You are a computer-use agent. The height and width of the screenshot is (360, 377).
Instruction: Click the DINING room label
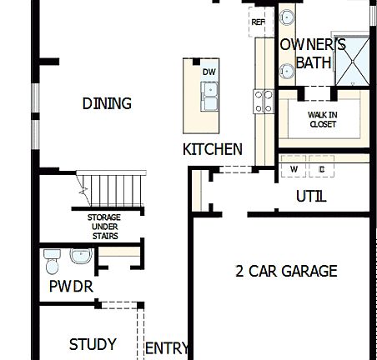click(x=107, y=104)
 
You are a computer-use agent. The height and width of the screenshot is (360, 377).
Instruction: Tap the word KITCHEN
click(x=213, y=150)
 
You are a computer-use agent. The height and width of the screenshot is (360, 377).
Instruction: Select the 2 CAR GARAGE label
click(x=286, y=271)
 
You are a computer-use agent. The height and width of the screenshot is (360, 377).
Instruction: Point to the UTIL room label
click(x=311, y=197)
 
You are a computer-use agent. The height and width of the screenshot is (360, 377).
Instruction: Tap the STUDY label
click(x=92, y=344)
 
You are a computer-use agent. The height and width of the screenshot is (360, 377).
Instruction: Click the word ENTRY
click(x=168, y=348)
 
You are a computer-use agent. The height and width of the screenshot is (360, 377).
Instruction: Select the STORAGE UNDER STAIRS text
click(x=104, y=227)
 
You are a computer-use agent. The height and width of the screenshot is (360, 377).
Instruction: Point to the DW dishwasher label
click(x=209, y=72)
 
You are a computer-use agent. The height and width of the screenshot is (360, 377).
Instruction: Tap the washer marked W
click(x=294, y=169)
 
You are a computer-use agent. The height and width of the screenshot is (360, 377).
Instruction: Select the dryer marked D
click(x=322, y=169)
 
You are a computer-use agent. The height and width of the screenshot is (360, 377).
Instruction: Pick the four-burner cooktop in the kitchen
click(x=264, y=102)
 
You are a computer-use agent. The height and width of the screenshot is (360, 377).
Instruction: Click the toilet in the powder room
click(x=53, y=261)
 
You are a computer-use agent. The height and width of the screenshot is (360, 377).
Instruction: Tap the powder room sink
click(x=81, y=256)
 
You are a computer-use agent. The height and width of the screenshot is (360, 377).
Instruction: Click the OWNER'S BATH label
click(x=312, y=52)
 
